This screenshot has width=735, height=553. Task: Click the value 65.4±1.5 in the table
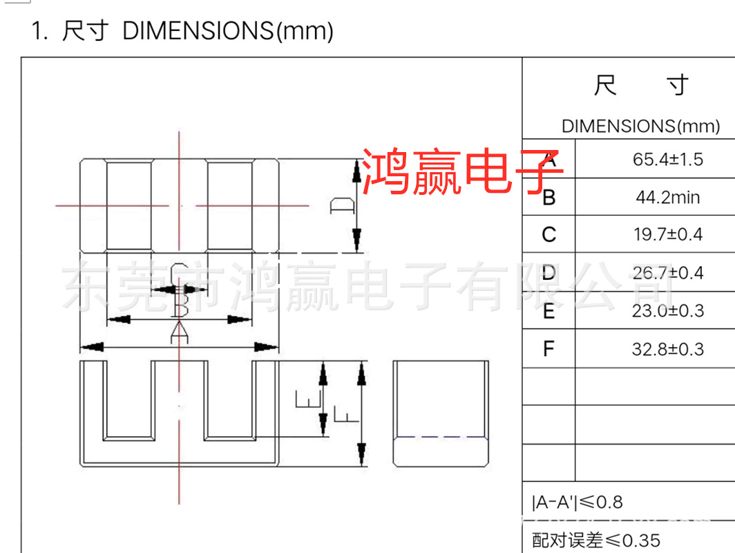coord(667,160)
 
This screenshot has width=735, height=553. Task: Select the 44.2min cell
coord(667,198)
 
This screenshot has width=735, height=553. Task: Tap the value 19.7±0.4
coord(667,235)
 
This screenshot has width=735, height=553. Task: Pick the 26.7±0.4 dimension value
coord(667,273)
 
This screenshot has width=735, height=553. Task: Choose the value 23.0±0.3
coord(667,311)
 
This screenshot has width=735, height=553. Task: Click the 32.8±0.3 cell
coord(667,349)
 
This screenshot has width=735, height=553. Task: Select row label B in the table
coord(548,198)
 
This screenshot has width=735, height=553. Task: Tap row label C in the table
coord(548,236)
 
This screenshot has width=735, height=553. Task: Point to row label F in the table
coord(548,349)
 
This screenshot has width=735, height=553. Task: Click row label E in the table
coord(548,312)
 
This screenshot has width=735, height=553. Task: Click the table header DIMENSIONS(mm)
coord(640,126)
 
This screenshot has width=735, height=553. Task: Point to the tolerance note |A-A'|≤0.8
coord(577,503)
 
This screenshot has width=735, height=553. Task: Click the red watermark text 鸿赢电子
coord(462,169)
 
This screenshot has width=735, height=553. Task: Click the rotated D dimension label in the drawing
coord(342,205)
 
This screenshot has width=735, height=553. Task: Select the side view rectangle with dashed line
coord(441,413)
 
